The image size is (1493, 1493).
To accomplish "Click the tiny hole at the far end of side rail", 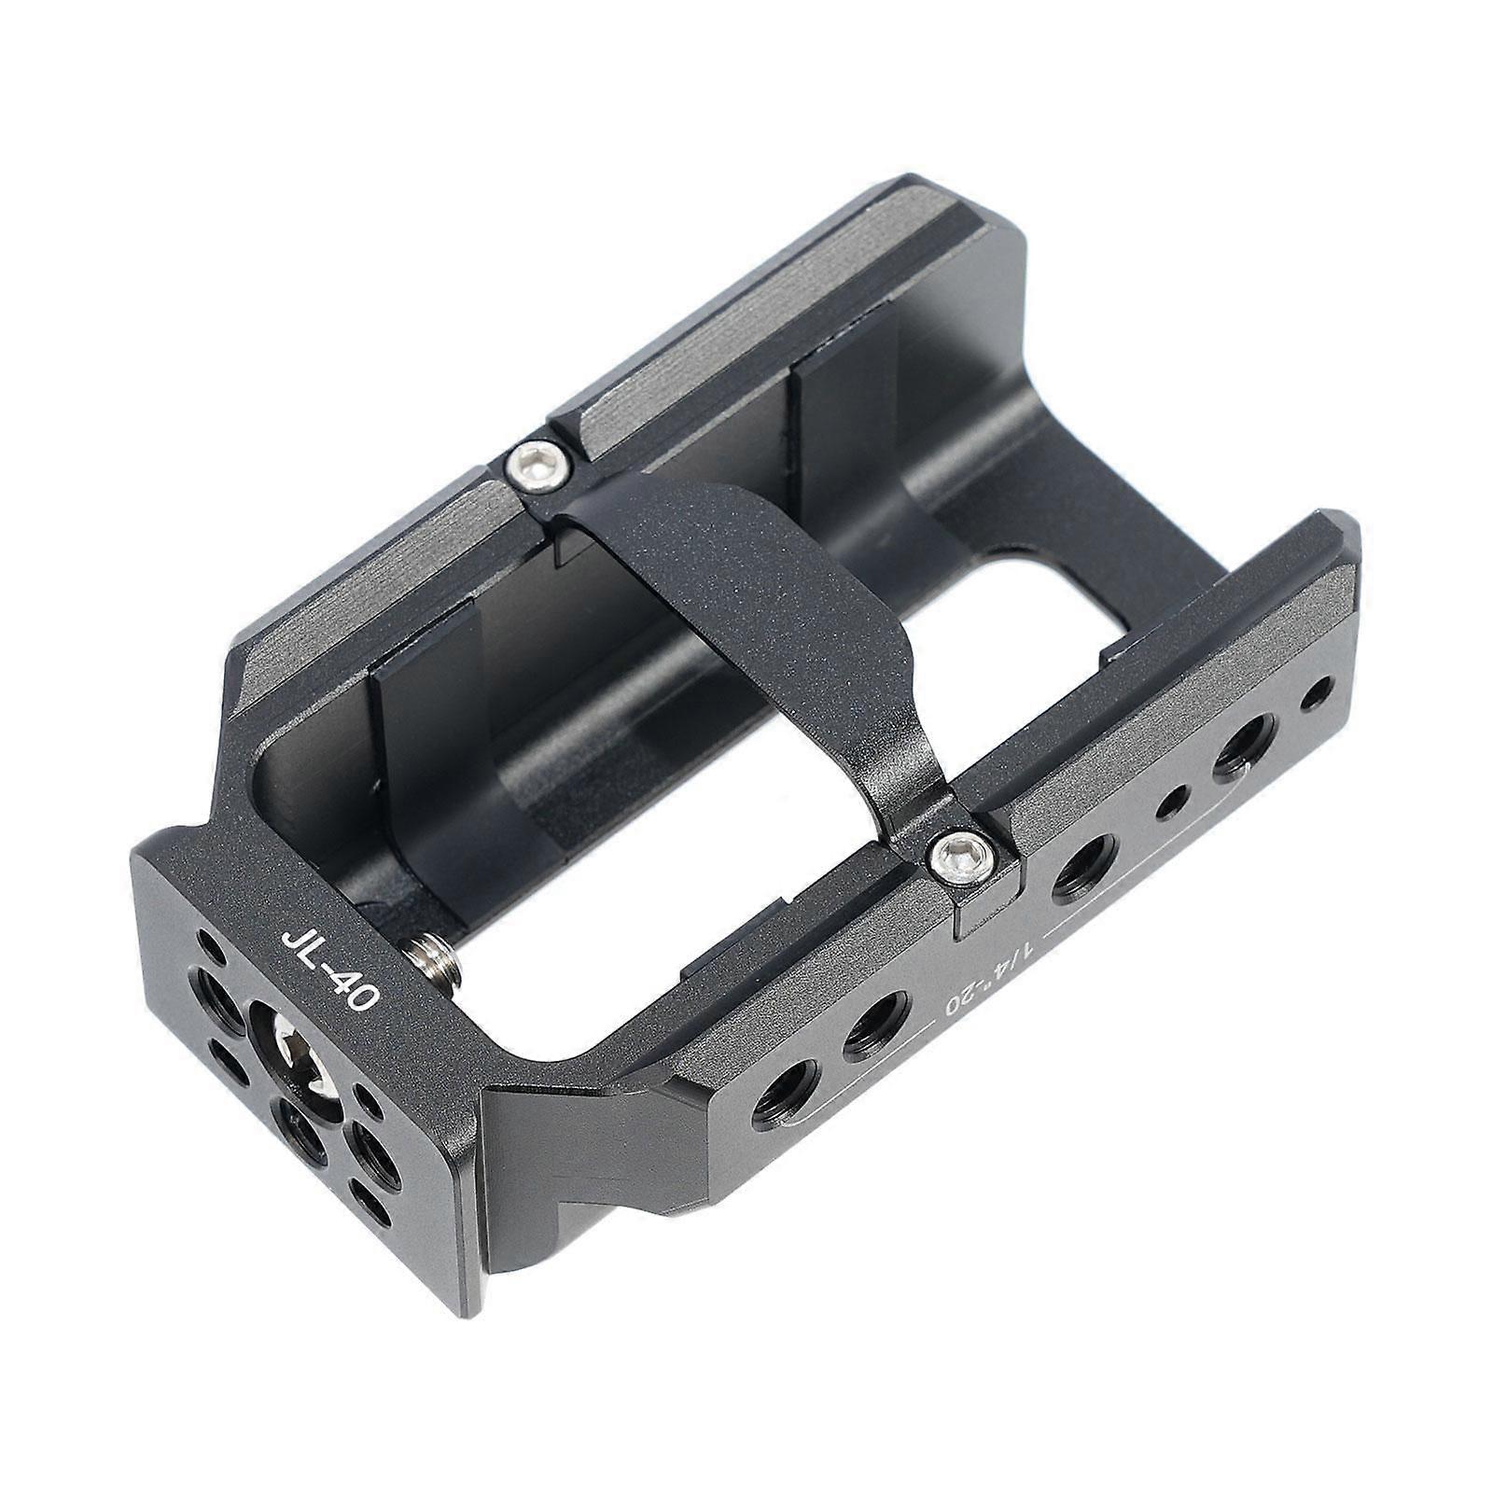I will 1319,692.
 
